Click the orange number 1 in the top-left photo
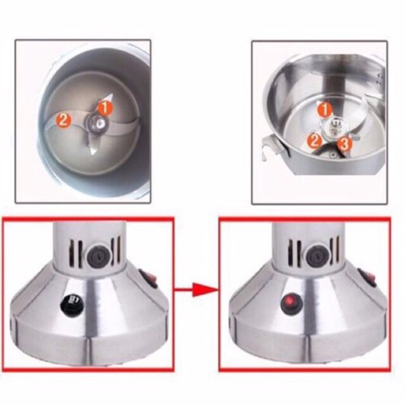[105, 108]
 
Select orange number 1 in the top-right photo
[325, 109]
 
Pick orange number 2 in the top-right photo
[314, 141]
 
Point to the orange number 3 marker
[344, 143]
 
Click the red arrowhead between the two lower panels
[205, 290]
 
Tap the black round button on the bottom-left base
[71, 304]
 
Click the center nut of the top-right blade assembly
[336, 126]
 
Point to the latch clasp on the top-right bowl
[270, 147]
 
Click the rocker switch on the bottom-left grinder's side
[148, 279]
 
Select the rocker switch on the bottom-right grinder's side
[367, 278]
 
